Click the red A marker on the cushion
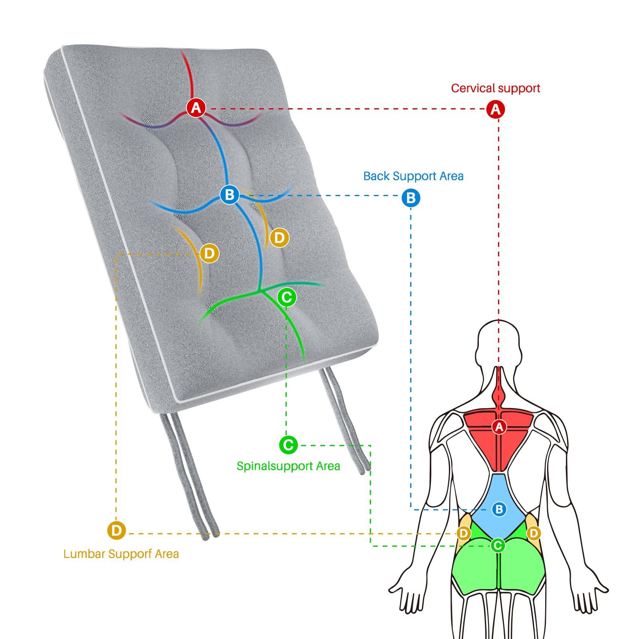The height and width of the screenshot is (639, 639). coord(196,108)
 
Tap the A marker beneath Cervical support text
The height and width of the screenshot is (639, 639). coord(496,109)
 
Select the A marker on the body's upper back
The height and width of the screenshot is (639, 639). coord(499,427)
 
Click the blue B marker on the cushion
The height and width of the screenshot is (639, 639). coord(230,195)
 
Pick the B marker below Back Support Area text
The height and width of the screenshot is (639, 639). coord(411,198)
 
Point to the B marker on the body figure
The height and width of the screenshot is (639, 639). coord(499,509)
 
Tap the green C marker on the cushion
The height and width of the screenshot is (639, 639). coord(287,297)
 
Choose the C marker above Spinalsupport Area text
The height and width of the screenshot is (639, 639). coord(288,445)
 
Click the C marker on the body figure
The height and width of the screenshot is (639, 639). coord(498,545)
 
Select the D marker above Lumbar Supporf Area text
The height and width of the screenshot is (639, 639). coord(117,530)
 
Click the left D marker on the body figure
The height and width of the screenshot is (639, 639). coord(463,533)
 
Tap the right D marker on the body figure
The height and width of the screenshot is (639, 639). coord(534,533)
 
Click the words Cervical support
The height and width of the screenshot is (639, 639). coord(496,88)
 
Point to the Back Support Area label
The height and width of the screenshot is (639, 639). coord(413,176)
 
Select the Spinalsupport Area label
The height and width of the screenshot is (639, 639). coord(288,466)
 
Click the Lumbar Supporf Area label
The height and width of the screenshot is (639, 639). coord(121,554)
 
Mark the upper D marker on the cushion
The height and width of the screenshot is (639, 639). coord(280,238)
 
